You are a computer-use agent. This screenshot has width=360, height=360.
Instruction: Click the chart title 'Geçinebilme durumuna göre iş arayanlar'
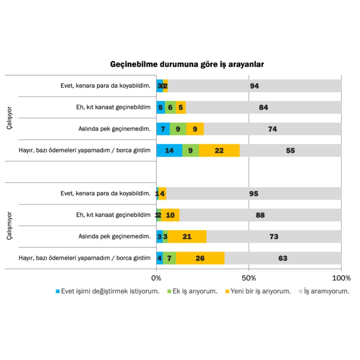click(x=187, y=65)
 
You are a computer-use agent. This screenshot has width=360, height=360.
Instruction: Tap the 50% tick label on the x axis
click(x=249, y=278)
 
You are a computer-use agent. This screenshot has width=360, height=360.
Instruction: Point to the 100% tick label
click(x=341, y=278)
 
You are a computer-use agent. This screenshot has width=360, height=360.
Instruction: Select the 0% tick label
click(x=156, y=278)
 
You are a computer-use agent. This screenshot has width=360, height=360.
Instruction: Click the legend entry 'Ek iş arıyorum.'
click(x=192, y=291)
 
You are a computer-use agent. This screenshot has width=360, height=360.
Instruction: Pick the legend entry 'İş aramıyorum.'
click(x=324, y=291)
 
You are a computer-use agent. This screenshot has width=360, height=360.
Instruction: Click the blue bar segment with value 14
click(x=169, y=150)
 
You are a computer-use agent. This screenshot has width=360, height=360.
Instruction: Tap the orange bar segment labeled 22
click(x=219, y=150)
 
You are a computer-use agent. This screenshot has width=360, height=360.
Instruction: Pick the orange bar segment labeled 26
click(x=200, y=258)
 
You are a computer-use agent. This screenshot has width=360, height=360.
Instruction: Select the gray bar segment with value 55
click(x=290, y=150)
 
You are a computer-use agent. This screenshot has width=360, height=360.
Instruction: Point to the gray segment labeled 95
click(x=253, y=194)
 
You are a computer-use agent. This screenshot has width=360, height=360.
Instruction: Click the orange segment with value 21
click(x=187, y=237)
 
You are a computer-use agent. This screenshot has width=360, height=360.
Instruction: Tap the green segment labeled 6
click(x=170, y=108)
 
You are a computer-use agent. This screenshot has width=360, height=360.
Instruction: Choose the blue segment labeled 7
click(x=163, y=129)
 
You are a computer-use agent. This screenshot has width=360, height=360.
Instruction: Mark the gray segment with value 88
click(x=260, y=215)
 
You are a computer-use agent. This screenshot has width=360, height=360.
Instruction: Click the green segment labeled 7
click(x=169, y=258)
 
